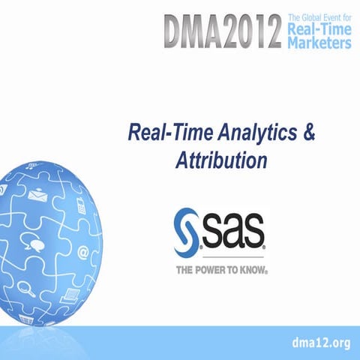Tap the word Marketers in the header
(319, 43)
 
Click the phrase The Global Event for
(319, 17)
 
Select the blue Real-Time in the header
(319, 30)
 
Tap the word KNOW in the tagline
(251, 267)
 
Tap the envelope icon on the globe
(38, 196)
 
